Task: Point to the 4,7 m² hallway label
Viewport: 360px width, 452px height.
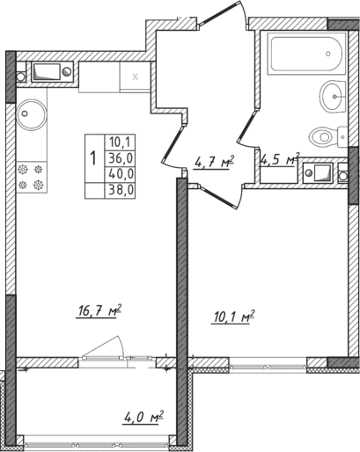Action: pos(211,161)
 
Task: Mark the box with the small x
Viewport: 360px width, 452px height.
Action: pos(135,77)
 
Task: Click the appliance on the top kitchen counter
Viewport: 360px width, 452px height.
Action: pos(45,71)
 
